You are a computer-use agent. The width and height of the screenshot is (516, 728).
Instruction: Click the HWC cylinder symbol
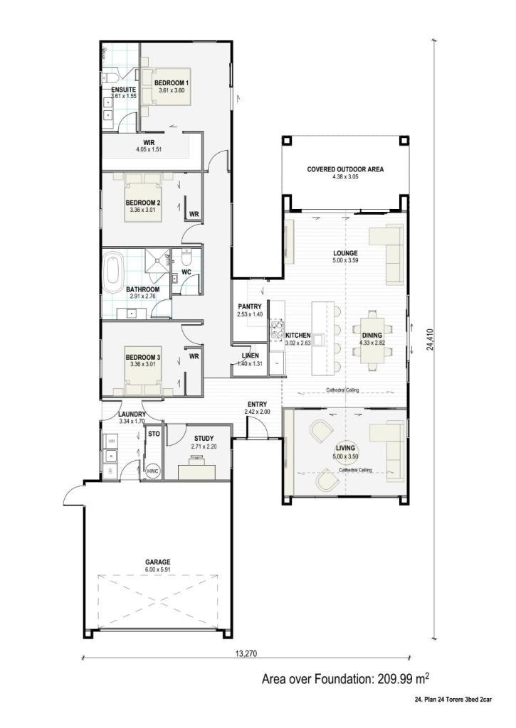click(153, 471)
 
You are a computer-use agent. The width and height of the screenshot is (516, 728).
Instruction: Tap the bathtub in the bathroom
click(112, 272)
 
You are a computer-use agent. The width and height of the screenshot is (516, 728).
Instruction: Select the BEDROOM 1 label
click(172, 83)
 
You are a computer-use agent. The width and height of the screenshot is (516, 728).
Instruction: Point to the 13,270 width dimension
click(246, 654)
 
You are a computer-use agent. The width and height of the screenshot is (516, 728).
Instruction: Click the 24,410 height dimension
click(430, 339)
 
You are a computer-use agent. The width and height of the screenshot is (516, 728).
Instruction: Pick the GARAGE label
click(157, 562)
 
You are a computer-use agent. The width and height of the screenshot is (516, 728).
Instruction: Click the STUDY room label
click(204, 438)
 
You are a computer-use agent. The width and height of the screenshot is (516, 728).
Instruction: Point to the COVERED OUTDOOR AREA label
click(345, 169)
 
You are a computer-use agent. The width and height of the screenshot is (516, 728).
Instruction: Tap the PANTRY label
click(250, 306)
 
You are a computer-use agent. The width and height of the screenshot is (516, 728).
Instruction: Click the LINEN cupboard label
click(250, 356)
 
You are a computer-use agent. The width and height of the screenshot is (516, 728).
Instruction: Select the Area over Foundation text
click(345, 679)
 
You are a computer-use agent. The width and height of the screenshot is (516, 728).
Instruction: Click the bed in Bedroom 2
click(143, 198)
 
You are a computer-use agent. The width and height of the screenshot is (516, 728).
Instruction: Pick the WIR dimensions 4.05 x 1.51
click(149, 149)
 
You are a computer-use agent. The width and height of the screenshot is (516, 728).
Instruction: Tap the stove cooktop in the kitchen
click(278, 328)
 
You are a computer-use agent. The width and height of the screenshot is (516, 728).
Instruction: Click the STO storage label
click(154, 434)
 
